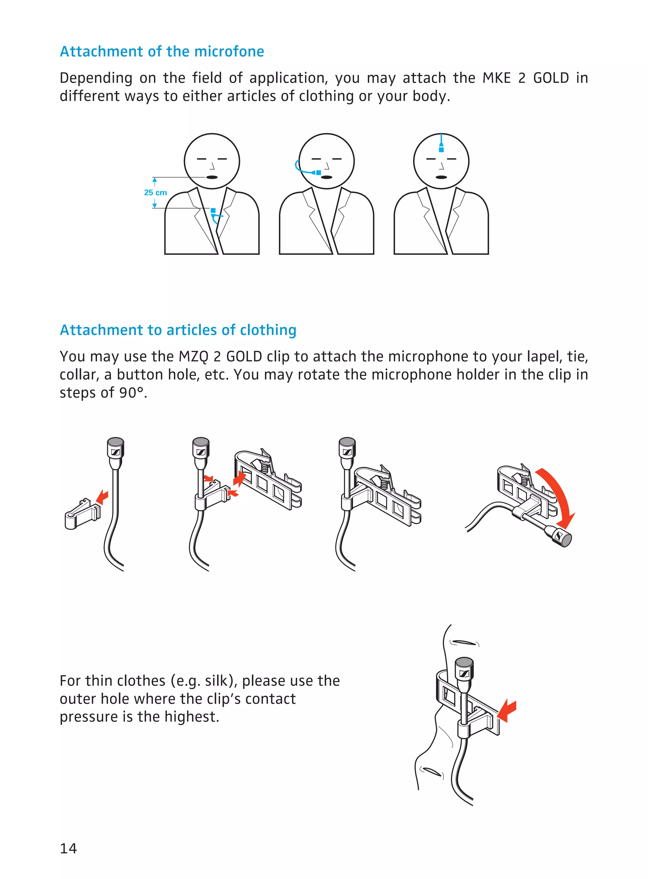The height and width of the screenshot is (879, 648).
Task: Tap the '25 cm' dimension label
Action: coord(155,192)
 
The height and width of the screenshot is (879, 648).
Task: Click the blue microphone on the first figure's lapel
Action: coord(213,211)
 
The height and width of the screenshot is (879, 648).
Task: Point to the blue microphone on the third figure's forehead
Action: coord(441,149)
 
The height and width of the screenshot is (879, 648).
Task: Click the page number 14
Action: coord(68,848)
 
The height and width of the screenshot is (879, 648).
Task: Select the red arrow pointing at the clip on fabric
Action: coord(508,711)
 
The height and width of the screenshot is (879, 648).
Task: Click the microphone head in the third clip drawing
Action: coord(347,448)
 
